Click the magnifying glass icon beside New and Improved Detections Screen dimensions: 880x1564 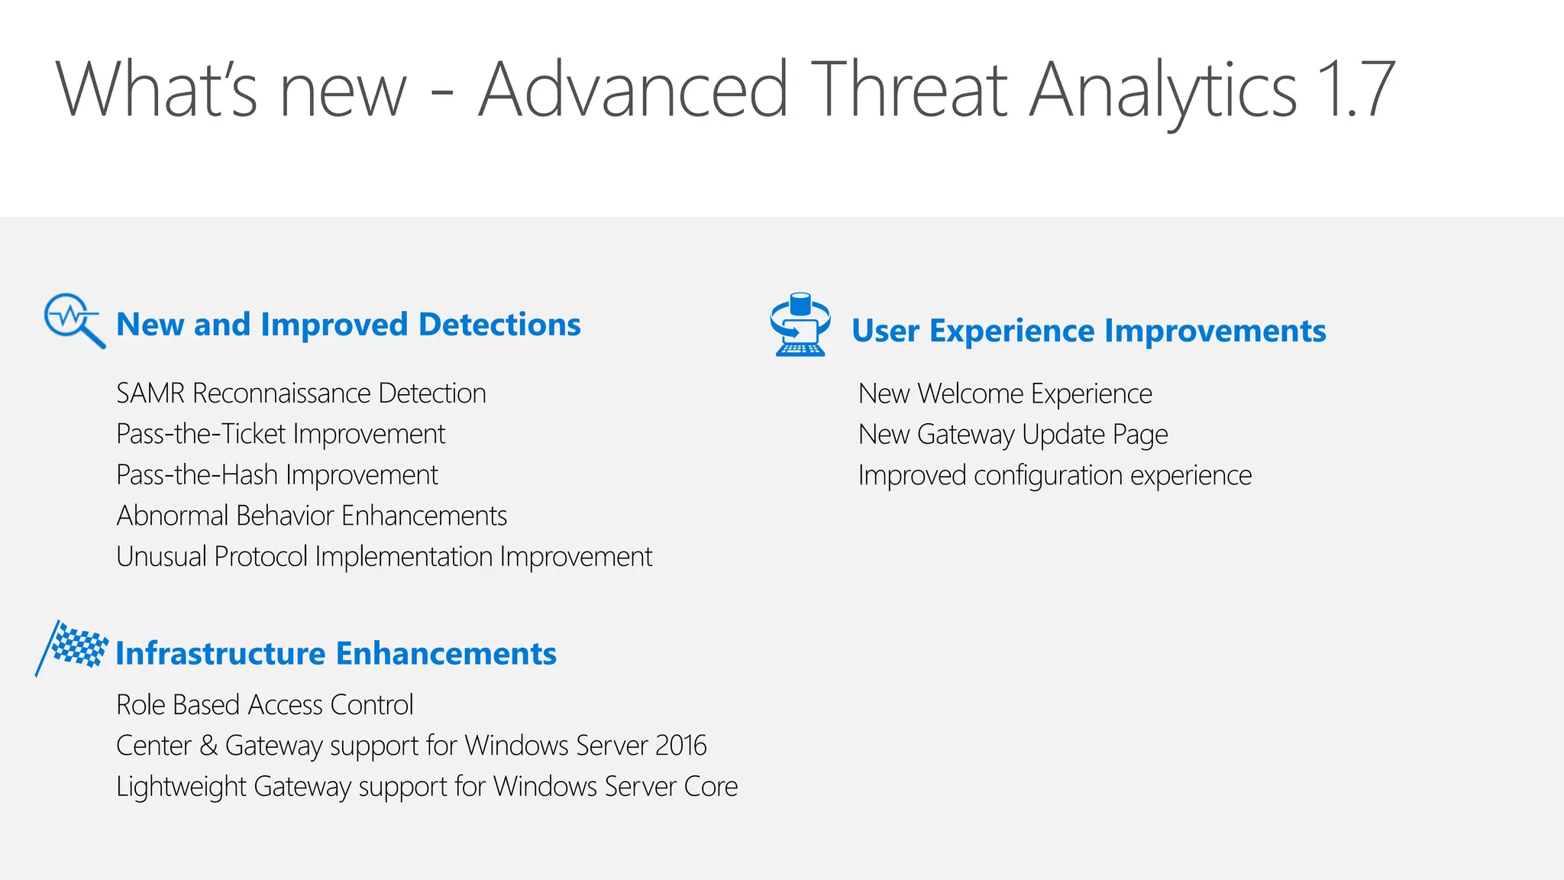(73, 319)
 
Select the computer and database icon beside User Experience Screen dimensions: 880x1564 (800, 325)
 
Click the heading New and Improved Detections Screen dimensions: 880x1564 (348, 325)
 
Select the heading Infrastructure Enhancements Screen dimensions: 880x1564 (336, 654)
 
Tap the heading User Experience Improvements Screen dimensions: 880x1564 (1088, 331)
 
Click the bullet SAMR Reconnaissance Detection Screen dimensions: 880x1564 (301, 393)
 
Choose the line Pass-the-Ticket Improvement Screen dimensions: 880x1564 (280, 434)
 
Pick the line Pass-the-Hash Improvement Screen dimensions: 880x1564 (277, 475)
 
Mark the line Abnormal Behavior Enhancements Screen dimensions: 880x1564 (312, 516)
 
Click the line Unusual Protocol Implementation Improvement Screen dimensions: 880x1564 (384, 557)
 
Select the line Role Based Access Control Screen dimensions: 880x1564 (264, 704)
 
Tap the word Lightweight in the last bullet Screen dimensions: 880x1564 (181, 787)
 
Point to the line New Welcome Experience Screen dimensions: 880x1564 (1005, 394)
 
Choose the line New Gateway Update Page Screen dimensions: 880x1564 (1013, 435)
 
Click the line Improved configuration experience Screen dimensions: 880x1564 (1055, 475)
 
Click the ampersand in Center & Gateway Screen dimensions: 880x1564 (208, 746)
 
